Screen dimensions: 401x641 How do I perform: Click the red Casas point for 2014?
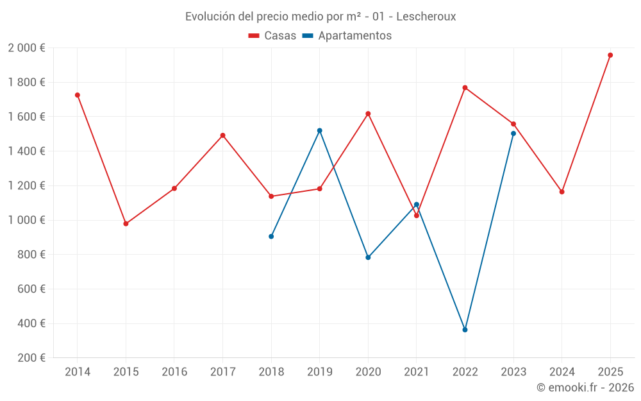tap(78, 95)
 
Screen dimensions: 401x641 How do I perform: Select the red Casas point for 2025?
tap(610, 55)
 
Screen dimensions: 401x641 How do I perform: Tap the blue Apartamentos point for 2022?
tap(465, 330)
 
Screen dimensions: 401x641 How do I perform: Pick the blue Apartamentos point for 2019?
tap(320, 130)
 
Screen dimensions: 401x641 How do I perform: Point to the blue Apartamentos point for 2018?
tap(271, 236)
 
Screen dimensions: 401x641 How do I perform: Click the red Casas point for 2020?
tap(368, 114)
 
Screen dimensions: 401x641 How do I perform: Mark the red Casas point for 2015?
tap(126, 224)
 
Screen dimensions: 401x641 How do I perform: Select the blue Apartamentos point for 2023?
tap(513, 133)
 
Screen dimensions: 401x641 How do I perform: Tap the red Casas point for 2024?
tap(562, 192)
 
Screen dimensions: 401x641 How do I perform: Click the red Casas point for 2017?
tap(223, 135)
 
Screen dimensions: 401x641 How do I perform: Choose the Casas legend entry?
tap(272, 36)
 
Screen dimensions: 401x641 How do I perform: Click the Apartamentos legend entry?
tap(347, 36)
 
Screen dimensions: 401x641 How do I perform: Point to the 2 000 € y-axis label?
tap(26, 47)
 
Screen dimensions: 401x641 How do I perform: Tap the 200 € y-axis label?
tap(30, 358)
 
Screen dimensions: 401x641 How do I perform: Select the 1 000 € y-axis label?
tap(26, 220)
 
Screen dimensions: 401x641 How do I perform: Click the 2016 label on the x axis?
tap(174, 371)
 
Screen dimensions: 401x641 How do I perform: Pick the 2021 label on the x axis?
tap(417, 371)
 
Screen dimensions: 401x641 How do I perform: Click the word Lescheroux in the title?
tap(426, 17)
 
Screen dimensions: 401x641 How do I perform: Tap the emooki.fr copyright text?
tap(585, 388)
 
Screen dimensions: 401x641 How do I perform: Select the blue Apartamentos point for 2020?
tap(368, 257)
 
